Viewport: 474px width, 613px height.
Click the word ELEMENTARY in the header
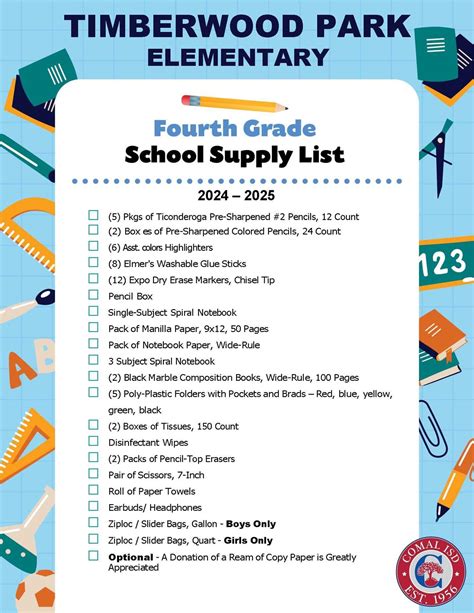(x=237, y=56)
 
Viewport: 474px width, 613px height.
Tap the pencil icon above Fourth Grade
(x=234, y=102)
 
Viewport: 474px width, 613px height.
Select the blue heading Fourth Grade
(x=235, y=128)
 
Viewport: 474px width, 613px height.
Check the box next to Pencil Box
(x=93, y=296)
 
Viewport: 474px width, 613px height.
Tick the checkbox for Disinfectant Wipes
(x=93, y=442)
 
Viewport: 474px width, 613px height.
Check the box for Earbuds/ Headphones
(x=93, y=507)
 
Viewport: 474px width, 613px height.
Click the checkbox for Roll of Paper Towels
(x=93, y=491)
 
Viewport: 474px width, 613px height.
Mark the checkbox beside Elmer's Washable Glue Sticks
(x=93, y=263)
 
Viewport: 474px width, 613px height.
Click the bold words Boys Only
(x=250, y=523)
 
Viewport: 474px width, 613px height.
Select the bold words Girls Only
(x=247, y=540)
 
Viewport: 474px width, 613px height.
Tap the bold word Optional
(x=131, y=556)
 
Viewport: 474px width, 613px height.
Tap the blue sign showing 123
(x=447, y=263)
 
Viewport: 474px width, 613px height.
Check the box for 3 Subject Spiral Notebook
(x=93, y=361)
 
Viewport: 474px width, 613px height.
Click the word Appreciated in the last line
(x=133, y=567)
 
